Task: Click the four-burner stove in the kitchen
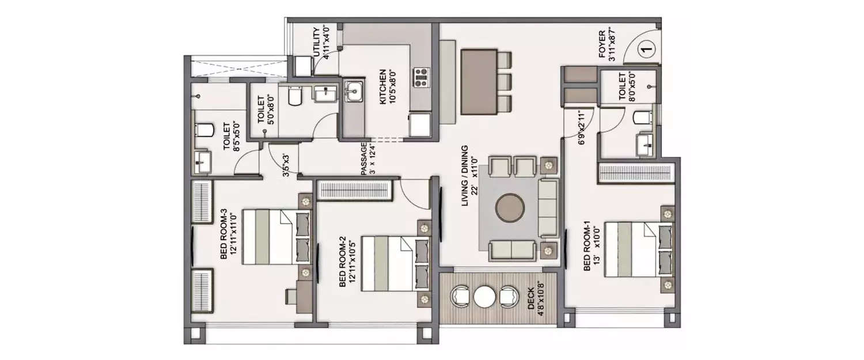click(x=421, y=77)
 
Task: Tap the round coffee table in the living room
click(x=510, y=207)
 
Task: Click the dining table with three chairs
click(x=479, y=81)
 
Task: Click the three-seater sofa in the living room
click(x=548, y=208)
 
